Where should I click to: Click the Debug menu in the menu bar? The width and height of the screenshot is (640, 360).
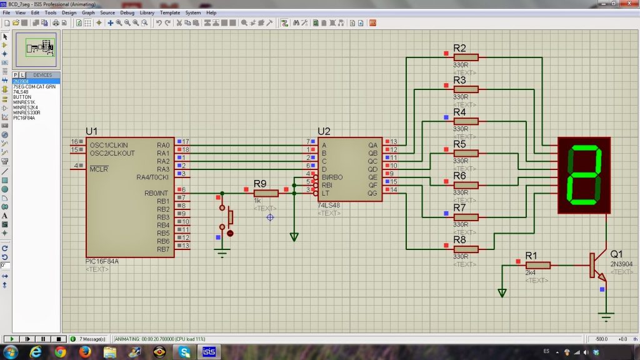[x=127, y=12]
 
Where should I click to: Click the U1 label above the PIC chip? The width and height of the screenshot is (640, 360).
[x=92, y=131]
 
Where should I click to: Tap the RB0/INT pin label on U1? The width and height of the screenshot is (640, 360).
[x=156, y=193]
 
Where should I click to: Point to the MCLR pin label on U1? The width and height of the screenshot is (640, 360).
[x=99, y=169]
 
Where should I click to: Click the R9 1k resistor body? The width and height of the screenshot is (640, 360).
[x=266, y=193]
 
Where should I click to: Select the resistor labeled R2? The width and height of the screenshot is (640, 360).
[x=466, y=57]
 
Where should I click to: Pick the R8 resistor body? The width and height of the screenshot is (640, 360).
[x=466, y=249]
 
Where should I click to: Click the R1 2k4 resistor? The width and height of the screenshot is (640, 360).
[x=537, y=265]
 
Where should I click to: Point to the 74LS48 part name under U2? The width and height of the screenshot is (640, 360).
[x=329, y=206]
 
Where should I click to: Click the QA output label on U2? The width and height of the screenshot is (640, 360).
[x=373, y=145]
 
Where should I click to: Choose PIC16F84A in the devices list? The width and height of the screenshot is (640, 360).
[x=24, y=117]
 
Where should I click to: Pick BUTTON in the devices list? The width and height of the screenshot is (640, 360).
[x=22, y=97]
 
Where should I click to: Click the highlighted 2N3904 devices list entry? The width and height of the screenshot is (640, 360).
[x=22, y=81]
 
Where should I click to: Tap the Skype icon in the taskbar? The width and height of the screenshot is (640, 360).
[x=184, y=352]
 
